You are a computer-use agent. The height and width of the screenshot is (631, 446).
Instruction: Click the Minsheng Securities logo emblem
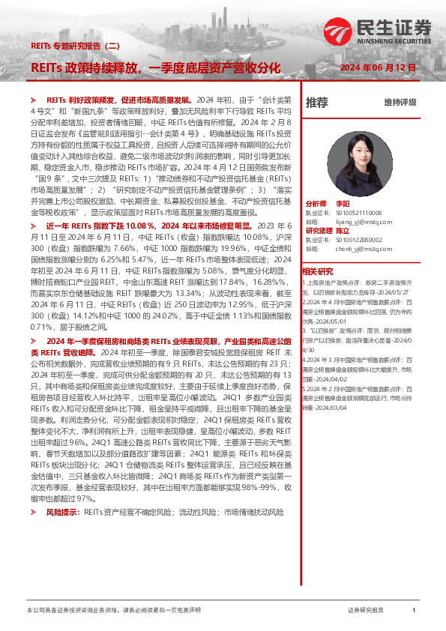click(339, 32)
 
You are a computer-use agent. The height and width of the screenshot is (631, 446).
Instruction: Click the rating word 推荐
click(317, 102)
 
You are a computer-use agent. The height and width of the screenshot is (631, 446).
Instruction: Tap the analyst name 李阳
click(343, 204)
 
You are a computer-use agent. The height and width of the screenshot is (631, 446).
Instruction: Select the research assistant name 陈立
click(342, 231)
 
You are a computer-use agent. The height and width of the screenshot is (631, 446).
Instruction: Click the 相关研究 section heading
click(317, 271)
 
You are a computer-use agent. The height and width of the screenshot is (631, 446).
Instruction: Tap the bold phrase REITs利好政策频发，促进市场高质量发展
click(120, 100)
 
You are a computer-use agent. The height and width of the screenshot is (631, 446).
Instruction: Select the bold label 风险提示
click(63, 512)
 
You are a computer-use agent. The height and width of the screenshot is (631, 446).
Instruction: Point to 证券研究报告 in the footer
click(367, 611)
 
